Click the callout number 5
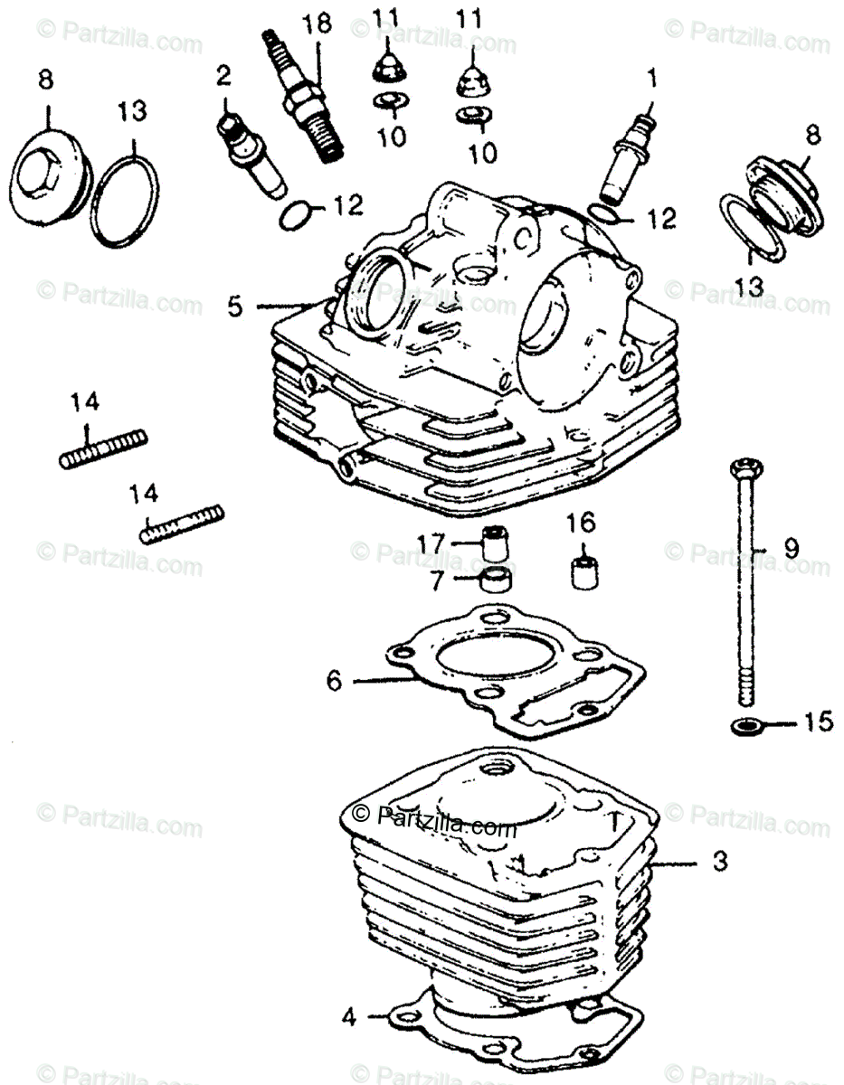[x=235, y=307]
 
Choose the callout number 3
[x=718, y=863]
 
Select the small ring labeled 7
[x=496, y=580]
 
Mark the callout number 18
[x=318, y=24]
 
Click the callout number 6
[x=334, y=680]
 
